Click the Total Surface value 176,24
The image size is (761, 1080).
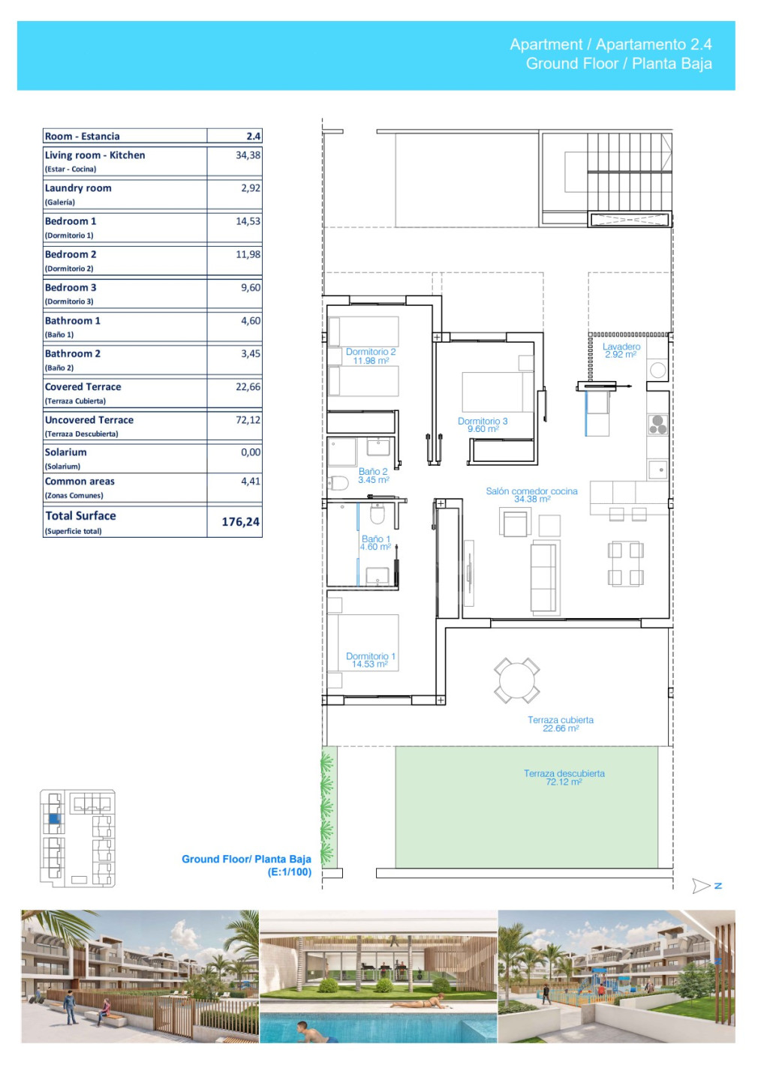pyautogui.click(x=240, y=522)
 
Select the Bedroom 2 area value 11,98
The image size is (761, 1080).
pyautogui.click(x=248, y=254)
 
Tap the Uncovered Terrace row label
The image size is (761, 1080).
pyautogui.click(x=89, y=420)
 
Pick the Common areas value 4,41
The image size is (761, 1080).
pyautogui.click(x=251, y=481)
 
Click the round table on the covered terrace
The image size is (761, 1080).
pyautogui.click(x=516, y=681)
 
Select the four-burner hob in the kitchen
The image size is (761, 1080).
pyautogui.click(x=657, y=424)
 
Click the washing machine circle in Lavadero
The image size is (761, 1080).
pyautogui.click(x=657, y=370)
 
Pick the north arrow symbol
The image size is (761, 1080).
pyautogui.click(x=701, y=886)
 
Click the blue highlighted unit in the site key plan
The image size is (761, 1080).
pyautogui.click(x=55, y=819)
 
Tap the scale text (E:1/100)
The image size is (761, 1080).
pyautogui.click(x=289, y=871)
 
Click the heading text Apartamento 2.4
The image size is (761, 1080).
pyautogui.click(x=654, y=44)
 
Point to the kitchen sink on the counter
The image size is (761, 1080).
pyautogui.click(x=657, y=469)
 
